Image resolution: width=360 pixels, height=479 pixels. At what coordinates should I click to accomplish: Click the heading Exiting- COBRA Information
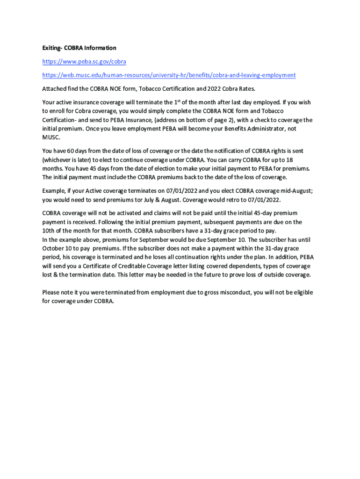coord(79,48)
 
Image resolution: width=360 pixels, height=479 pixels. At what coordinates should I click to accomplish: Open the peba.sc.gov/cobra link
coord(84,61)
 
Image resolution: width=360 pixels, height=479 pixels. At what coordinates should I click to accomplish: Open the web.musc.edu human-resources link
coord(169,75)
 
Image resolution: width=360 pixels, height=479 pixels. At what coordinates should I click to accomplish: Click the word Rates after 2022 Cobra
coord(246,88)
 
